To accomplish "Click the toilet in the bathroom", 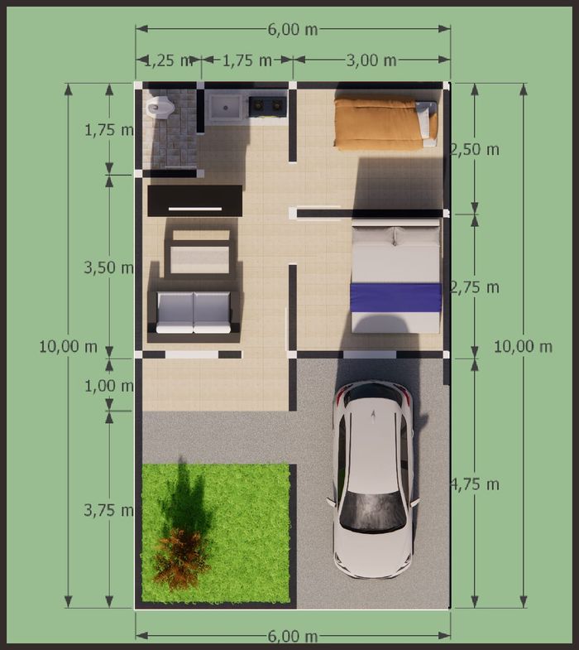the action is tap(160, 107).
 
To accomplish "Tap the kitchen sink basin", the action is tap(225, 108).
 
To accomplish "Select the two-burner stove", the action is tap(267, 106).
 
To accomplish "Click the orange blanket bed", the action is tap(385, 123).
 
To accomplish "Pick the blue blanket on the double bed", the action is tap(396, 297).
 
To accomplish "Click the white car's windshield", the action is tap(372, 511).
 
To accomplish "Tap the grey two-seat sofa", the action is tap(194, 312).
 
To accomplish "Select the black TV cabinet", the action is tap(195, 200).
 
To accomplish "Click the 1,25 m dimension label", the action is tap(168, 60).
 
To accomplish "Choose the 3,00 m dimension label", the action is tap(371, 60).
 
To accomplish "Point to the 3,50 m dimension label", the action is tap(109, 267).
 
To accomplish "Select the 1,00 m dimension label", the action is tap(109, 386).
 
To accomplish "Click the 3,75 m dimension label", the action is tap(109, 510).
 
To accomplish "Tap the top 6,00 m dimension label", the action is tap(293, 30).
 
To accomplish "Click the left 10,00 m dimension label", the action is tap(69, 347).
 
